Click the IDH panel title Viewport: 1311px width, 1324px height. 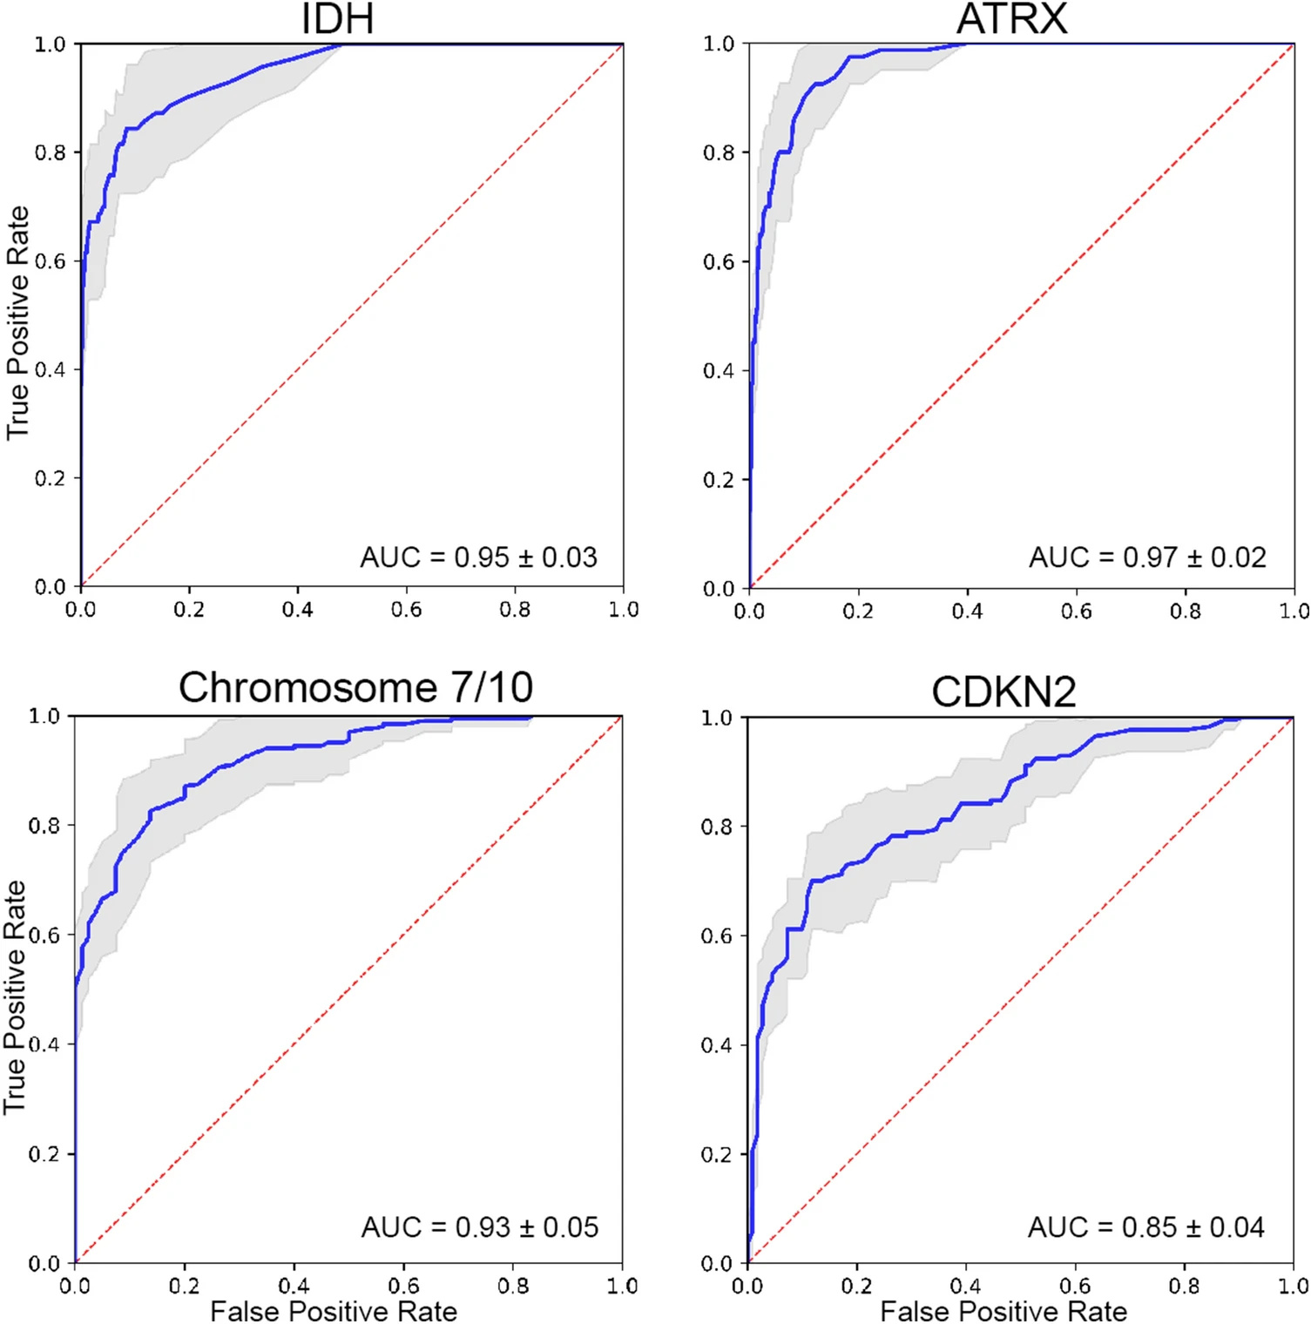338,19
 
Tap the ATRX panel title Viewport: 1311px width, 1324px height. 1012,19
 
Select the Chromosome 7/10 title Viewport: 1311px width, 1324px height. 355,687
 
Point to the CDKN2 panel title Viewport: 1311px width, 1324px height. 1004,692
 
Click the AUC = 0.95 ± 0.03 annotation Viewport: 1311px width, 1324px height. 479,557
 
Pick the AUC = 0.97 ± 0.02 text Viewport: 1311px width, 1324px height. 1147,557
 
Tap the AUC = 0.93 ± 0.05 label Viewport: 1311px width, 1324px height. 480,1227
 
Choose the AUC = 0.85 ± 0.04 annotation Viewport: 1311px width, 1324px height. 1146,1227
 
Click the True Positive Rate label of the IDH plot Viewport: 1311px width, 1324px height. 18,323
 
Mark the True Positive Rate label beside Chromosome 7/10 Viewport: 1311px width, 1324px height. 15,996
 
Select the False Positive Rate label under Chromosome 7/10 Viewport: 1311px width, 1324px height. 334,1311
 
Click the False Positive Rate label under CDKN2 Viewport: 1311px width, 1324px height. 1004,1311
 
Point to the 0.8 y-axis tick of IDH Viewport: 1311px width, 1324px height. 50,153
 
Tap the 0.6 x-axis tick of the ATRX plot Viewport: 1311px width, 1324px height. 1076,611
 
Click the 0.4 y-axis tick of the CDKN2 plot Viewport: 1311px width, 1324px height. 716,1045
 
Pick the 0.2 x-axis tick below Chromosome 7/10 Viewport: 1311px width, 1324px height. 184,1287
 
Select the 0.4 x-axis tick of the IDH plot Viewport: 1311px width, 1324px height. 297,610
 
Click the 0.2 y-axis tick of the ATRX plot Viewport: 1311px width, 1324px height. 719,480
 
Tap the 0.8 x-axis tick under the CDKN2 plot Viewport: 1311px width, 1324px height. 1184,1287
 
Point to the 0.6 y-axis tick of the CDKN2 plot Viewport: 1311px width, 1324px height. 716,936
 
